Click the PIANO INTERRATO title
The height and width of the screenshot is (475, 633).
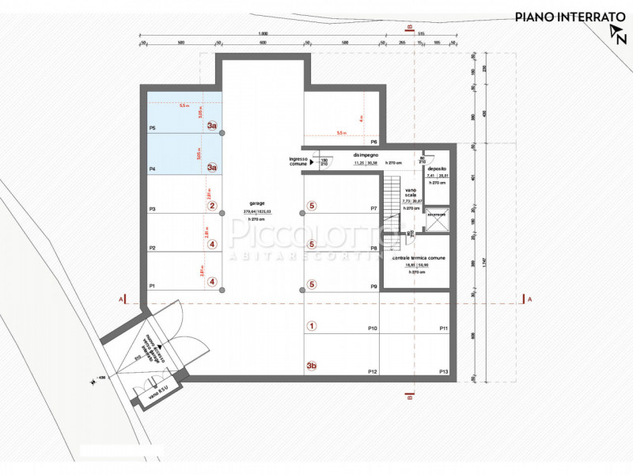coord(563,16)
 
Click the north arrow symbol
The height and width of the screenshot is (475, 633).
coord(616,34)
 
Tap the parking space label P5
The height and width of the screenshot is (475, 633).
coord(152,127)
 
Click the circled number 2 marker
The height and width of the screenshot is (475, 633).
coord(212,206)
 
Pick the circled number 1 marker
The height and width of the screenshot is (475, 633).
coord(312,325)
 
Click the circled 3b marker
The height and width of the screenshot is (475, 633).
coord(312,366)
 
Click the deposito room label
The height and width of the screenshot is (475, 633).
coord(437,169)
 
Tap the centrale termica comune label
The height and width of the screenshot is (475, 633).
coord(418,258)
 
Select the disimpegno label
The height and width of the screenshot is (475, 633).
coord(366,155)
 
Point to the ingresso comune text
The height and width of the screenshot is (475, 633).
coord(300,161)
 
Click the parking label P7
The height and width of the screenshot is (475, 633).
coord(373,208)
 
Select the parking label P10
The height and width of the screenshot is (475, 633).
coord(373,328)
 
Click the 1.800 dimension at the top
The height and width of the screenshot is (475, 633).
coord(263,33)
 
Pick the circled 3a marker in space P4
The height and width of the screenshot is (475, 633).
coord(212,167)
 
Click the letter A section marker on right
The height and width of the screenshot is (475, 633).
coord(529,299)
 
